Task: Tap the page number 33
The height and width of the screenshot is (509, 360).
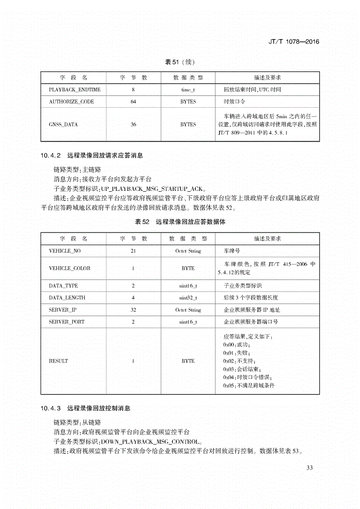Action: pyautogui.click(x=310, y=468)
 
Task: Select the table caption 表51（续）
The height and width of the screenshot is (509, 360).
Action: pyautogui.click(x=180, y=62)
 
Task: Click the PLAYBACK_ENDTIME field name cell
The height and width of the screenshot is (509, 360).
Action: pyautogui.click(x=71, y=90)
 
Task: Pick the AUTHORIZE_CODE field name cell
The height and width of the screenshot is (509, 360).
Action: pyautogui.click(x=71, y=102)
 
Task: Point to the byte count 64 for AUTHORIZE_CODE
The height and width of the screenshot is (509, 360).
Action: pyautogui.click(x=133, y=102)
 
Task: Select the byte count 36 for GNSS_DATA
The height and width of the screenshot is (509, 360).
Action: pyautogui.click(x=133, y=125)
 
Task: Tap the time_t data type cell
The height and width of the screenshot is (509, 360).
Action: pyautogui.click(x=188, y=90)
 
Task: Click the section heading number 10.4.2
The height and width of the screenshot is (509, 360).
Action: pyautogui.click(x=50, y=155)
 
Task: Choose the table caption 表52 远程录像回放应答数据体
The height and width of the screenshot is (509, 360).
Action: pyautogui.click(x=180, y=222)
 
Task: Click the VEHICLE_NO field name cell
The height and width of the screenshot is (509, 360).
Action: pyautogui.click(x=65, y=251)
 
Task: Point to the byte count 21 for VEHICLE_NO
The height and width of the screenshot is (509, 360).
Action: pyautogui.click(x=133, y=251)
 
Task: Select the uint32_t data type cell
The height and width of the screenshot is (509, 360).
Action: pyautogui.click(x=188, y=298)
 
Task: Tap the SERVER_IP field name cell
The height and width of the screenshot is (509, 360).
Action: pyautogui.click(x=62, y=310)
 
